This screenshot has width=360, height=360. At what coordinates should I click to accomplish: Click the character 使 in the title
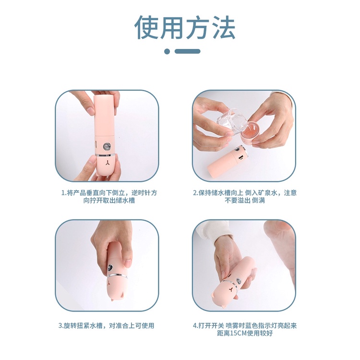tap(146, 27)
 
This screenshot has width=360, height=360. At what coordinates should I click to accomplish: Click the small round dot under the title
tap(167, 51)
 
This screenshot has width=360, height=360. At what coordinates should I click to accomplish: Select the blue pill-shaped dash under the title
tap(187, 51)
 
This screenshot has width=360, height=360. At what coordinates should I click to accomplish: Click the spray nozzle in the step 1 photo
tap(106, 146)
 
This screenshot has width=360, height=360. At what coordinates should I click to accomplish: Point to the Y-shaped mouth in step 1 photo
tap(107, 163)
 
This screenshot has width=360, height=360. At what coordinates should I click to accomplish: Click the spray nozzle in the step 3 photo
tap(110, 268)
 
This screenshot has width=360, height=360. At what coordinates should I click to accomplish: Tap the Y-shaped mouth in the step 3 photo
tap(110, 282)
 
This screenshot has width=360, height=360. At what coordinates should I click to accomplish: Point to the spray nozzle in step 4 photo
tap(239, 281)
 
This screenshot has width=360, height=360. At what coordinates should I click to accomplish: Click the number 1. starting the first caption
tap(64, 193)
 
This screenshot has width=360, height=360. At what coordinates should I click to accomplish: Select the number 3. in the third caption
tap(61, 325)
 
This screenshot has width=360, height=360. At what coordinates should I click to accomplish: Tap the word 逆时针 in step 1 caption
tap(141, 193)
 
